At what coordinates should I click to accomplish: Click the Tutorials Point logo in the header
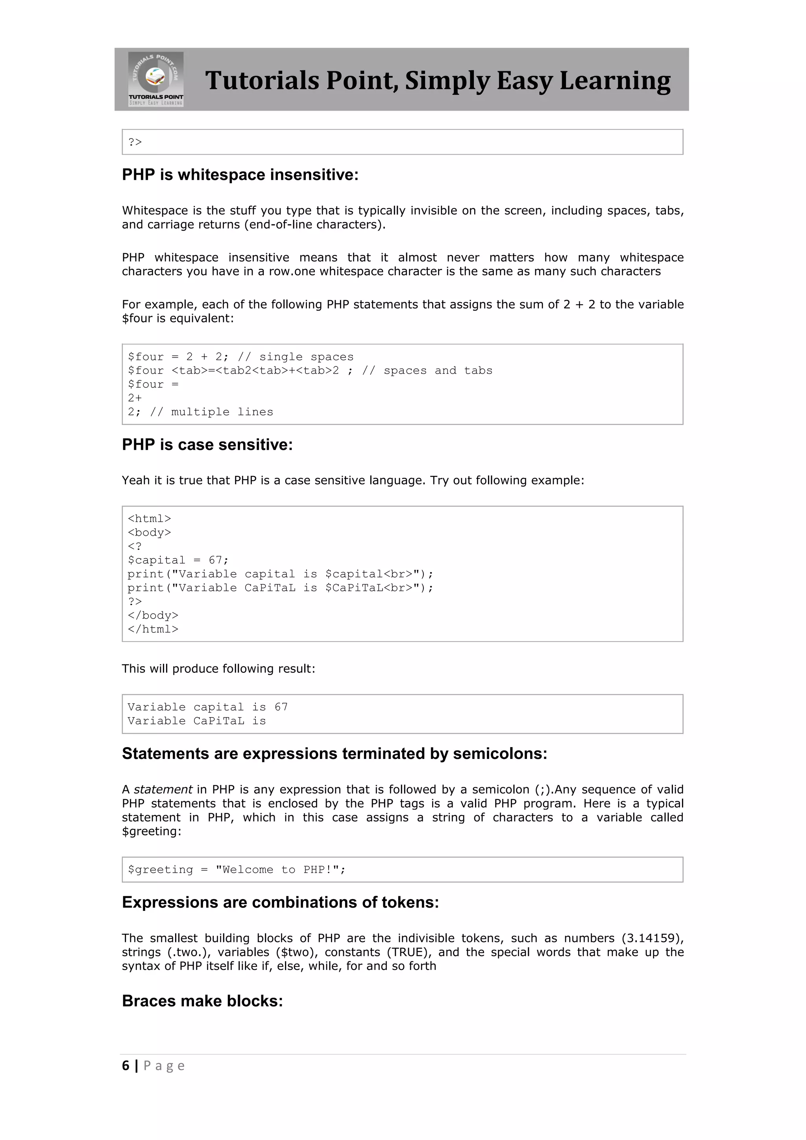pyautogui.click(x=156, y=79)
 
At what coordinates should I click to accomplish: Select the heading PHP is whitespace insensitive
pyautogui.click(x=240, y=175)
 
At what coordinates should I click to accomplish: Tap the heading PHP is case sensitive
pyautogui.click(x=207, y=444)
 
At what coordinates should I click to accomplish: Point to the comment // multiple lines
pyautogui.click(x=211, y=412)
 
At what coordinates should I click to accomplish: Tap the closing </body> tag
pyautogui.click(x=152, y=615)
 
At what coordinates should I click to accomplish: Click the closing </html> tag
pyautogui.click(x=152, y=629)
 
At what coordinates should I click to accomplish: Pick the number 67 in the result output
pyautogui.click(x=281, y=707)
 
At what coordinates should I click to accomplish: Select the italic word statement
pyautogui.click(x=163, y=790)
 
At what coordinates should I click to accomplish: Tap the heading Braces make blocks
pyautogui.click(x=203, y=1001)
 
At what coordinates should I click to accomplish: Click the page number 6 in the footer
pyautogui.click(x=126, y=1066)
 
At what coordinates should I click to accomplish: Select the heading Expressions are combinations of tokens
pyautogui.click(x=281, y=902)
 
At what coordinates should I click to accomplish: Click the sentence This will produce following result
pyautogui.click(x=218, y=668)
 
